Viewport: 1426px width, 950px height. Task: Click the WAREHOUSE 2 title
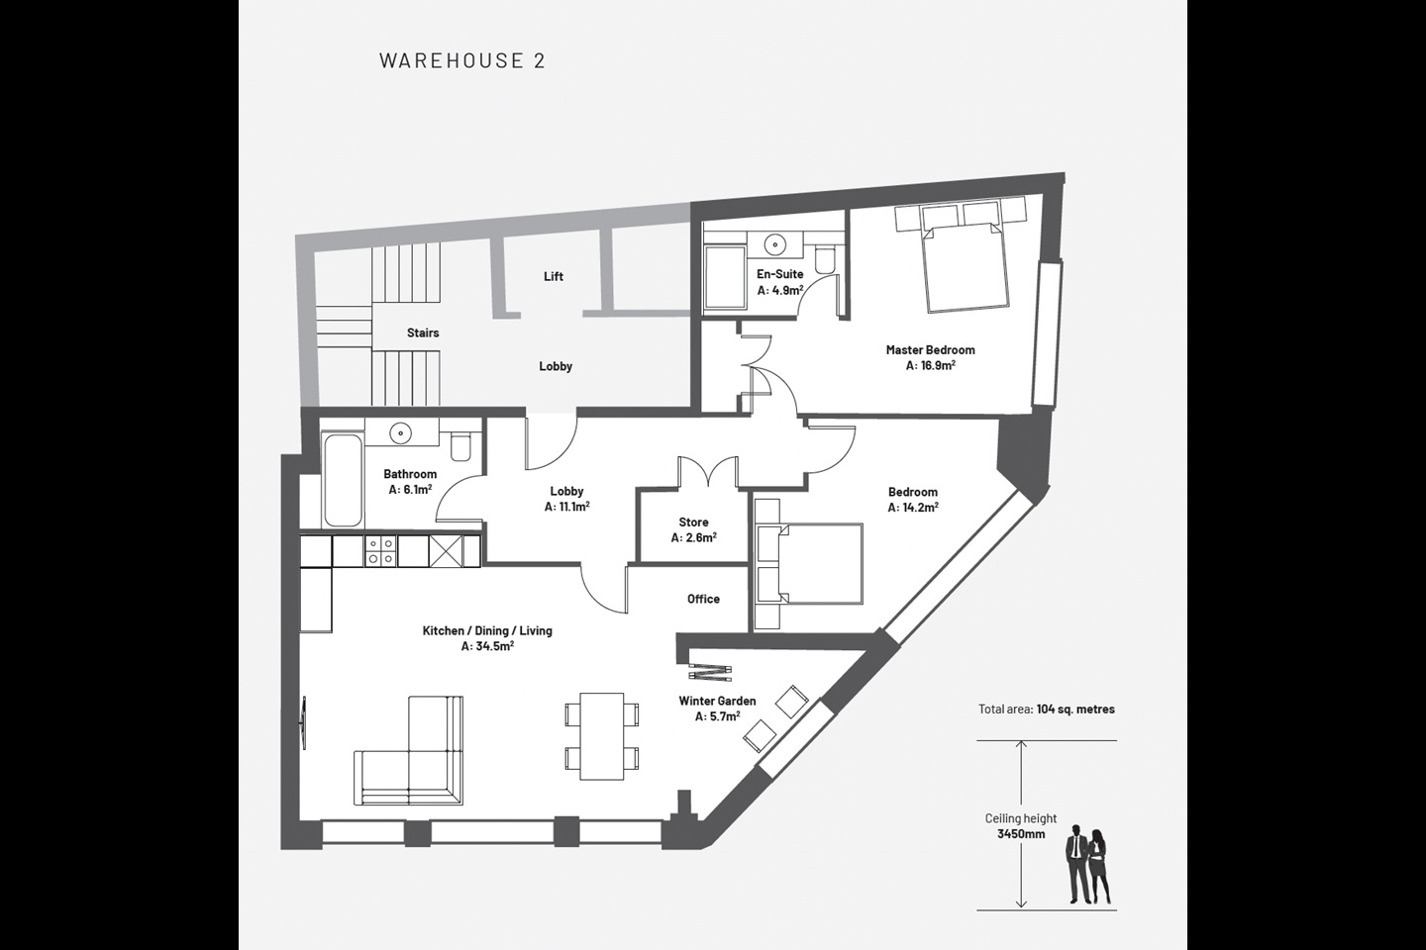[461, 60]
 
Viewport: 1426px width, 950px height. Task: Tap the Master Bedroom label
[930, 349]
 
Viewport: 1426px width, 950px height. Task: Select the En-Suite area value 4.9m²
[779, 291]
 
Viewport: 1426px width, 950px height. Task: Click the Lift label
[554, 276]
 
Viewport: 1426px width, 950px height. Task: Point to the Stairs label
[423, 332]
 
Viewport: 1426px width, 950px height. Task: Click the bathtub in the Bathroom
[343, 480]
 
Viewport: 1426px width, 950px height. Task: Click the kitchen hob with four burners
[380, 550]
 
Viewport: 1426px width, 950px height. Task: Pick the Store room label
[693, 522]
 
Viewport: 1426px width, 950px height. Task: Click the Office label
[703, 599]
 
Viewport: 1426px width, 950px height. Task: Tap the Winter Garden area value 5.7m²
[717, 716]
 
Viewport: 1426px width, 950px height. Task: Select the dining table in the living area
[601, 736]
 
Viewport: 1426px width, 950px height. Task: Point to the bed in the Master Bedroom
[965, 265]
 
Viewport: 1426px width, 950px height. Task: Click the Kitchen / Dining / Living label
[487, 630]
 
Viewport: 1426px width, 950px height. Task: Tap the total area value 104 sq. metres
[1075, 709]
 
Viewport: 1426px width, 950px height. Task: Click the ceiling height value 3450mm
[1020, 834]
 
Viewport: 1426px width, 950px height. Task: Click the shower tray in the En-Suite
[724, 277]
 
